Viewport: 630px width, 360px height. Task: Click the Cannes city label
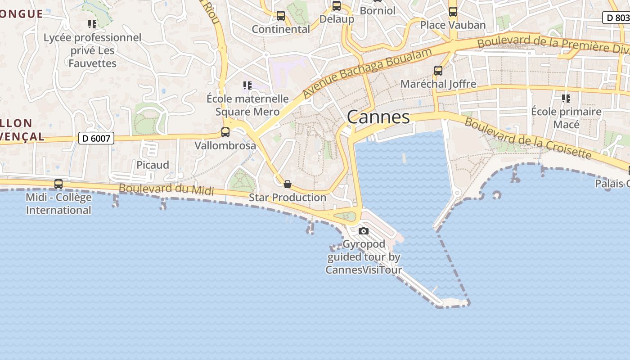[x=378, y=117]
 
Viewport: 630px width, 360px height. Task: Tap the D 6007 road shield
[x=96, y=138]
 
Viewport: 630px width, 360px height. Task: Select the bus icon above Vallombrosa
[x=225, y=132]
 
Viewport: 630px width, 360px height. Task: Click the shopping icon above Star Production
[x=288, y=184]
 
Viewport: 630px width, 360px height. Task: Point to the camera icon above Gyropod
[x=364, y=231]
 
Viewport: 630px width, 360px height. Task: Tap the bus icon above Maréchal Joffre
[x=438, y=71]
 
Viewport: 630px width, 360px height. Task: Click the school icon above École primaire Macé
[x=566, y=98]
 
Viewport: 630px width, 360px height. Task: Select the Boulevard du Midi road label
[x=166, y=189]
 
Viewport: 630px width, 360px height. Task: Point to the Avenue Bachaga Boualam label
[x=367, y=72]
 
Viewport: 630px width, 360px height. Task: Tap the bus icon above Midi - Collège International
[x=58, y=184]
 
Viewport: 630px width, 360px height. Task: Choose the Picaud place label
[x=153, y=165]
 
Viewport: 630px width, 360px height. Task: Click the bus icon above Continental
[x=281, y=16]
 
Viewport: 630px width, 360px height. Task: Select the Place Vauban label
[x=453, y=25]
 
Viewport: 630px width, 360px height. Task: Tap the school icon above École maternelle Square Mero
[x=247, y=85]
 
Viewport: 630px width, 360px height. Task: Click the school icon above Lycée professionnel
[x=92, y=24]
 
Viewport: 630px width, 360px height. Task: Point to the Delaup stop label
[x=337, y=19]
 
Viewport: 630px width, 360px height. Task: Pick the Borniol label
[x=377, y=10]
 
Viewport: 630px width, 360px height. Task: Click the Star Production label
[x=288, y=198]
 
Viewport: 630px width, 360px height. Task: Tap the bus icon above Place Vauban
[x=453, y=12]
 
